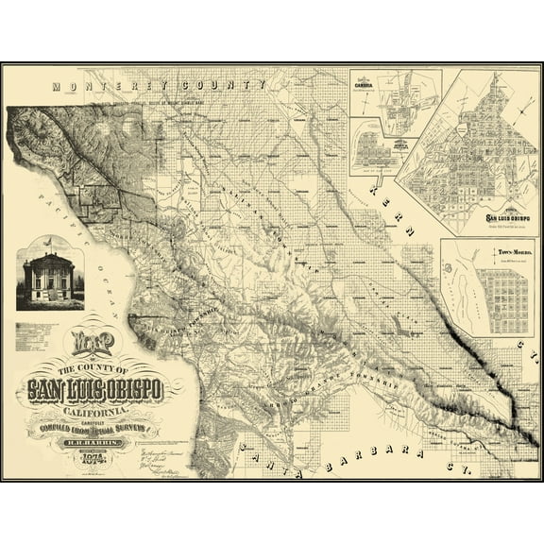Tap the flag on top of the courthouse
coord(48,242)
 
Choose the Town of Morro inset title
coord(509,253)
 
